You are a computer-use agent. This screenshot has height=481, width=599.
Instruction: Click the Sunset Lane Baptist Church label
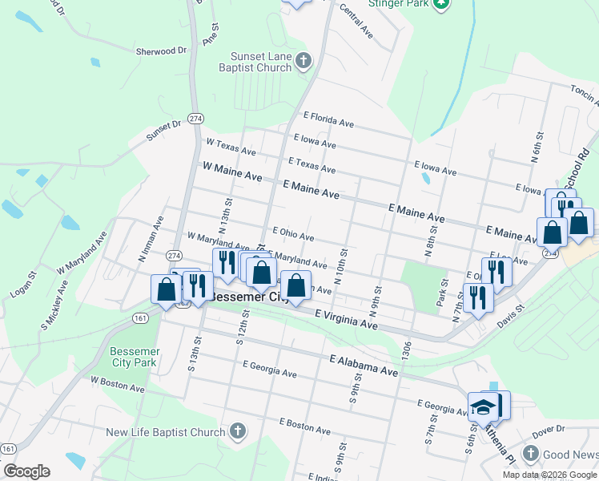261,63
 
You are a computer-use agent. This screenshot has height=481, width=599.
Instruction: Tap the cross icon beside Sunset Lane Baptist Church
303,61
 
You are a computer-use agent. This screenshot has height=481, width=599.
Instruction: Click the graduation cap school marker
484,407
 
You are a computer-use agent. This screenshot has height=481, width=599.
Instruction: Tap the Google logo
26,471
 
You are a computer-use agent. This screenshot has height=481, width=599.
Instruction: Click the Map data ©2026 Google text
549,475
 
